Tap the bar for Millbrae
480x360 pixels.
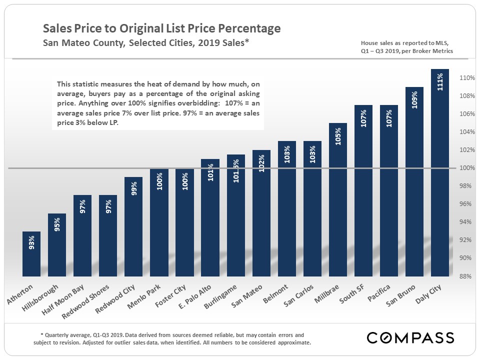(x=337, y=199)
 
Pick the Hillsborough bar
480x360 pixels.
(x=57, y=244)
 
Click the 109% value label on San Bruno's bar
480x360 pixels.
(x=414, y=100)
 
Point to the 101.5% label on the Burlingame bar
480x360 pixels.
(x=235, y=170)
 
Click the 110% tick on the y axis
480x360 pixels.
(x=467, y=78)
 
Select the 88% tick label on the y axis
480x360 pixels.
(x=468, y=276)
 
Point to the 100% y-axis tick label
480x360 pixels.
(x=467, y=168)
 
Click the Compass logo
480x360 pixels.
(x=410, y=337)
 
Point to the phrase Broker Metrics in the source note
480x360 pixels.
(x=434, y=51)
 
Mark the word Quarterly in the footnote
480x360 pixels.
(x=58, y=335)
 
